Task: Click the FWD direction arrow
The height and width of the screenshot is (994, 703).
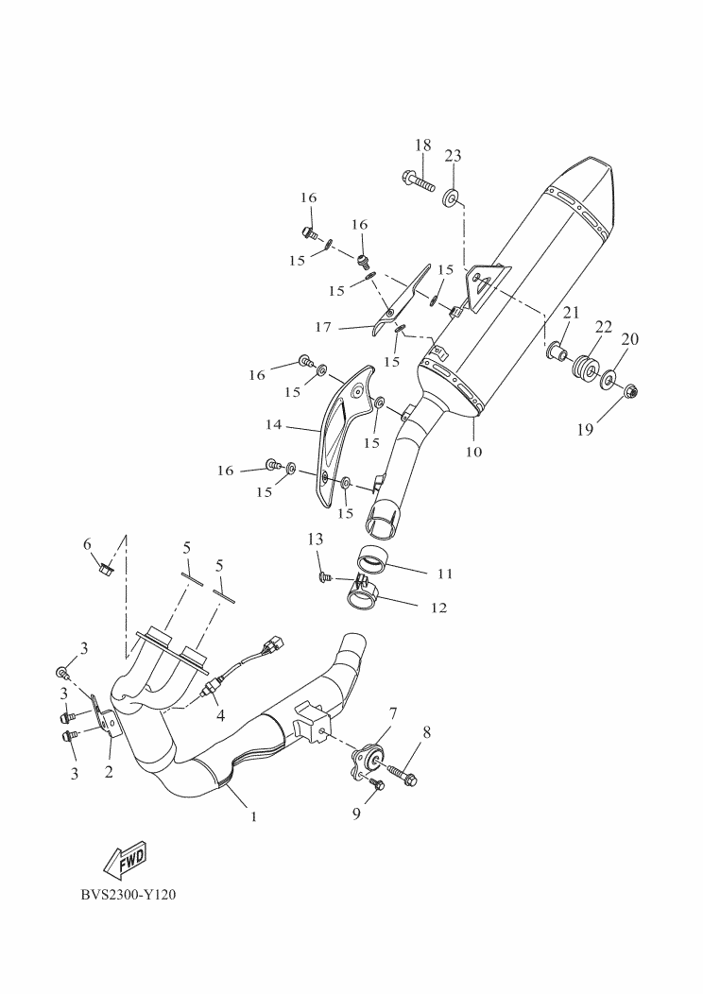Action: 123,859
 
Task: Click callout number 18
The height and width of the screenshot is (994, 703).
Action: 422,146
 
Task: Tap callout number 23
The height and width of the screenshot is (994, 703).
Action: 453,156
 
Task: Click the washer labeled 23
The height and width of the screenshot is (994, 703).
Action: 452,197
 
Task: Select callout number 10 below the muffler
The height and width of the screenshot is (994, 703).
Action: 473,452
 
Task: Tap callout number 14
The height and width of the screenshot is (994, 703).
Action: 273,425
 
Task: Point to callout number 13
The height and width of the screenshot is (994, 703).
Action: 315,539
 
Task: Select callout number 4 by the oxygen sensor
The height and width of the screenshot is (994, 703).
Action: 220,715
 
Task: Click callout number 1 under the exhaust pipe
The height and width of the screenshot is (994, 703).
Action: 253,815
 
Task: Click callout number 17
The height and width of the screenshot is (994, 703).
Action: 324,327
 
